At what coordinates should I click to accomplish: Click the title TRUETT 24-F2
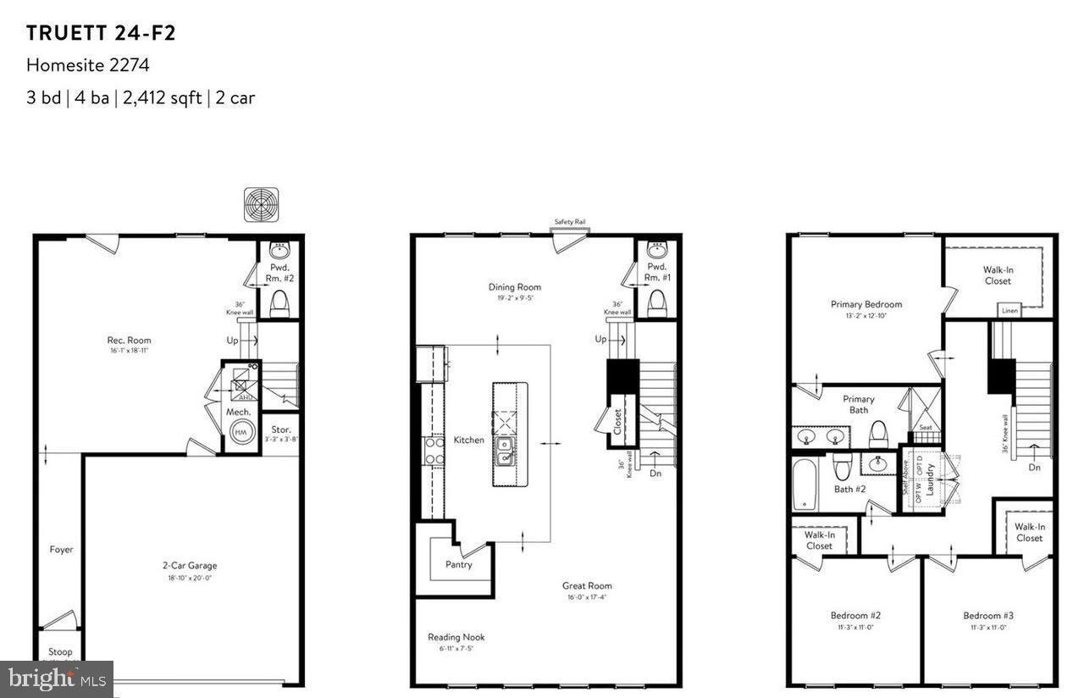click(x=101, y=33)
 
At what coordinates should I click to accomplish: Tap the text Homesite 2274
click(x=88, y=65)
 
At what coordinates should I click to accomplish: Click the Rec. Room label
click(x=130, y=341)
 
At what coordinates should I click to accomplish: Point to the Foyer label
click(x=61, y=550)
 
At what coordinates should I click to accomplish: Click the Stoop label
click(x=60, y=652)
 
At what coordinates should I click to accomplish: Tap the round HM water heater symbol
click(x=239, y=430)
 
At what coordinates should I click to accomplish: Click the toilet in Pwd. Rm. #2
click(x=279, y=302)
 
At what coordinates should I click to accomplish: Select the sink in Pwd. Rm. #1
click(x=656, y=250)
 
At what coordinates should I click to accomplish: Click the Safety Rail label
click(x=570, y=222)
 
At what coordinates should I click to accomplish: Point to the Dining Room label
click(x=514, y=287)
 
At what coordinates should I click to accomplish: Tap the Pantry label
click(x=458, y=564)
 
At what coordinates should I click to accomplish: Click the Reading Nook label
click(x=456, y=637)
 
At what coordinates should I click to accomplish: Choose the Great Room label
click(x=587, y=585)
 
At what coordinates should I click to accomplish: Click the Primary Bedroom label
click(x=866, y=304)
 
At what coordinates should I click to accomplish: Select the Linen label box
click(x=1009, y=311)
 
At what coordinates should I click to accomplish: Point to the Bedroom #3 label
click(x=987, y=615)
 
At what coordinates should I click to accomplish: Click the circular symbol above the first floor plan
click(x=261, y=204)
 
